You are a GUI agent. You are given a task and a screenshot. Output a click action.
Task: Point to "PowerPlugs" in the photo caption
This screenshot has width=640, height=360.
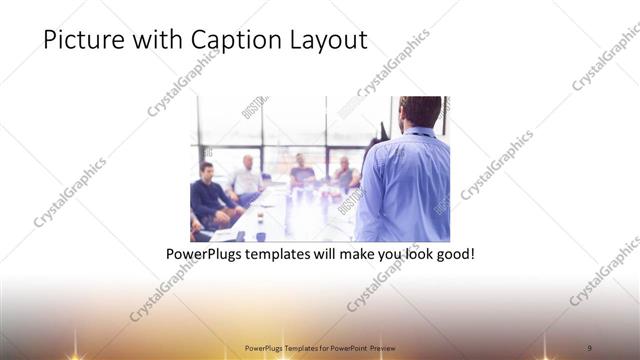pyautogui.click(x=206, y=255)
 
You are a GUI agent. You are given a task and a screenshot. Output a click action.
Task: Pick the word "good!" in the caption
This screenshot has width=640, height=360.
pyautogui.click(x=452, y=255)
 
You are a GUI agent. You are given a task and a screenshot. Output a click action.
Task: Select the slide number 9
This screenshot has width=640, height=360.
pyautogui.click(x=589, y=347)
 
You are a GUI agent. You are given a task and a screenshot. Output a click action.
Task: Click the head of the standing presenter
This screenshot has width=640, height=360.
pyautogui.click(x=413, y=114)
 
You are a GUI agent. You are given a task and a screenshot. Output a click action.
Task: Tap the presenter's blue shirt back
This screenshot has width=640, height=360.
pyautogui.click(x=405, y=190)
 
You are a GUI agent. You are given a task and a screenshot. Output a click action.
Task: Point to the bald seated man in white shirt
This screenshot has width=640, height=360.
pyautogui.click(x=247, y=177)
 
